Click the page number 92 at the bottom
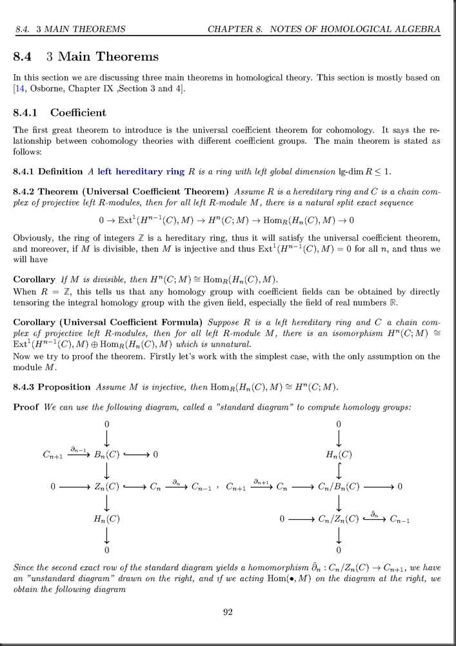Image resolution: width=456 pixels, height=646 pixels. click(x=228, y=612)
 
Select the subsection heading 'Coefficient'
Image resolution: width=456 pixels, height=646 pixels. click(x=78, y=113)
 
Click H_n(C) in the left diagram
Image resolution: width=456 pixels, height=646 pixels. click(x=107, y=518)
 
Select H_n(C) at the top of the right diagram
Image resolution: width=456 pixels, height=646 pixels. click(x=339, y=455)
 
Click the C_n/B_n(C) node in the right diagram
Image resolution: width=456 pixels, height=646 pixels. click(x=339, y=487)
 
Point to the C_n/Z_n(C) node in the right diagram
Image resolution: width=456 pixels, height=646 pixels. click(x=339, y=518)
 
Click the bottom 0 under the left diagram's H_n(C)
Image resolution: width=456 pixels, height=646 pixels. click(x=107, y=550)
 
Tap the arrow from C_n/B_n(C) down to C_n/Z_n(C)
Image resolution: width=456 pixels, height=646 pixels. click(x=339, y=502)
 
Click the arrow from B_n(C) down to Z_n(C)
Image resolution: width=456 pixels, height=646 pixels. click(x=107, y=471)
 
